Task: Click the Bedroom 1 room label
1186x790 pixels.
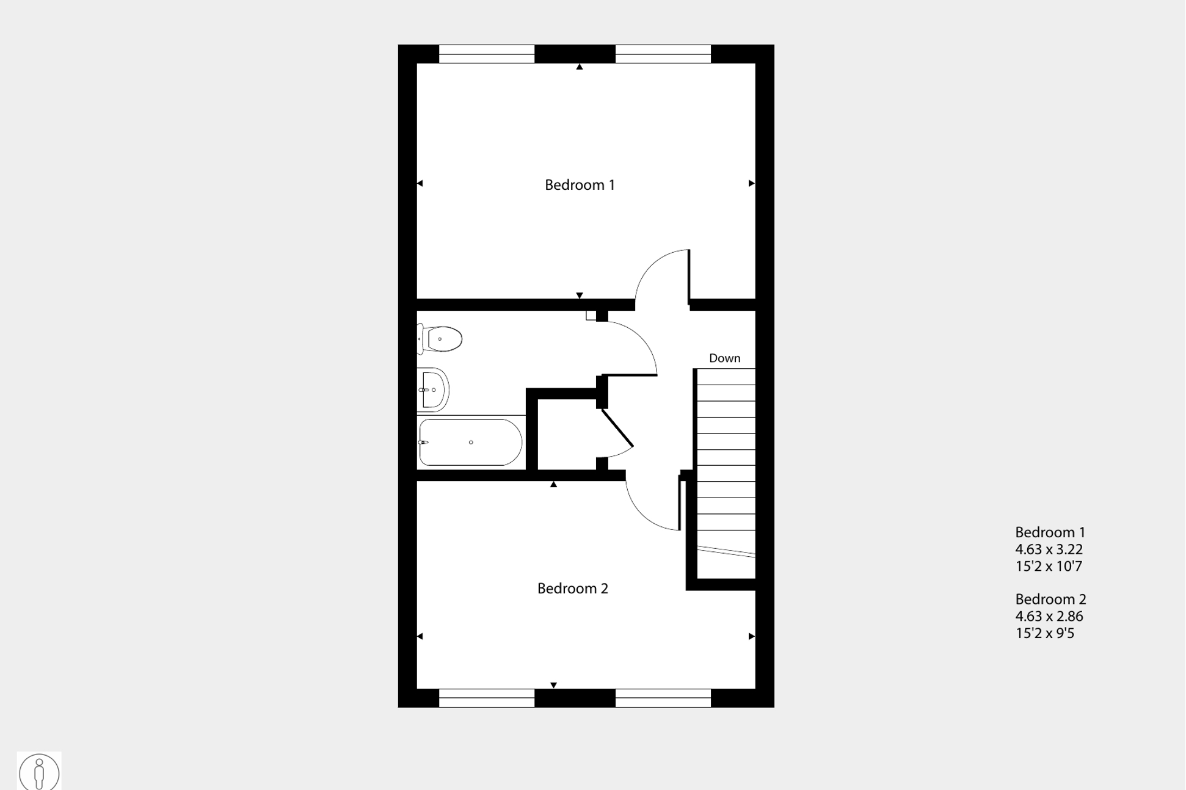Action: pyautogui.click(x=579, y=185)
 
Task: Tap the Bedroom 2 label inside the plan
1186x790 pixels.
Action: pyautogui.click(x=572, y=589)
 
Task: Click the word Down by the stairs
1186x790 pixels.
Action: pyautogui.click(x=724, y=358)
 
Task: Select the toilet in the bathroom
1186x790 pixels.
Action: pyautogui.click(x=441, y=339)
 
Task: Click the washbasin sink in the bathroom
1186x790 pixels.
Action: pyautogui.click(x=433, y=390)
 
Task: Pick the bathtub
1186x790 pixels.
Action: pyautogui.click(x=470, y=442)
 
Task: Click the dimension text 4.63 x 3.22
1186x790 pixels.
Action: pyautogui.click(x=1049, y=549)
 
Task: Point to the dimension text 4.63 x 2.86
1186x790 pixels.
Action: pyautogui.click(x=1049, y=617)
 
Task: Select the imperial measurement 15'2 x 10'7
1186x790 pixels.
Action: pyautogui.click(x=1049, y=567)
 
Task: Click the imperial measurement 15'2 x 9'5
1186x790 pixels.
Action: pyautogui.click(x=1044, y=634)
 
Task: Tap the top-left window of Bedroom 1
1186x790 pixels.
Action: pyautogui.click(x=487, y=54)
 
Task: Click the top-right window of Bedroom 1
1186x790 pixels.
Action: pyautogui.click(x=663, y=54)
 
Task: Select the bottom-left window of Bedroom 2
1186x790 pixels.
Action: pyautogui.click(x=487, y=698)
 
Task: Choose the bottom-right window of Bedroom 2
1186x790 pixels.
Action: pyautogui.click(x=663, y=698)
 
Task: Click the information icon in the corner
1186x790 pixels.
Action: pyautogui.click(x=39, y=772)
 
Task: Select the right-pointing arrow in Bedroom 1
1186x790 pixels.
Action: pyautogui.click(x=751, y=183)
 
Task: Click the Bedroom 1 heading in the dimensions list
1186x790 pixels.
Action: pyautogui.click(x=1050, y=532)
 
